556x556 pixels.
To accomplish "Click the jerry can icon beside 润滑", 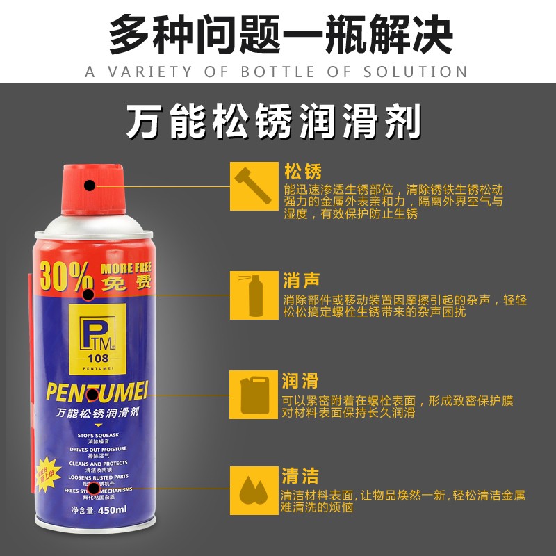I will tap(249, 394).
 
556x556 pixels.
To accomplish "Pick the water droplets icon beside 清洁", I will tap(249, 489).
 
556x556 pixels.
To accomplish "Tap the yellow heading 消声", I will tap(302, 281).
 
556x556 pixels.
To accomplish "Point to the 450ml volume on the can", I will tap(111, 510).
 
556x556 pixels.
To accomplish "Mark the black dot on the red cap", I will tap(90, 186).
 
